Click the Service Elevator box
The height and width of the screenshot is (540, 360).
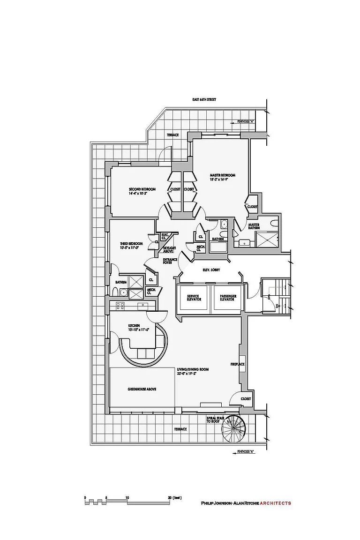194,298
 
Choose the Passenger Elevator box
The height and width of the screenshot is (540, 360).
227,298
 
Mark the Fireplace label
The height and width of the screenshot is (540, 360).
238,364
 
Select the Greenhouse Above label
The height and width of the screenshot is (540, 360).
142,389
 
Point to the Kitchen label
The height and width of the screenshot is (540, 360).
135,327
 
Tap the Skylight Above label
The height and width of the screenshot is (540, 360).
169,249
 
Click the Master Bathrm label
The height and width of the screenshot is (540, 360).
254,227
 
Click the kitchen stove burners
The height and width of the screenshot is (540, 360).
120,306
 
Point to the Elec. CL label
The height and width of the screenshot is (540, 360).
165,236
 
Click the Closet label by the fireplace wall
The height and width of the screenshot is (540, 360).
246,398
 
